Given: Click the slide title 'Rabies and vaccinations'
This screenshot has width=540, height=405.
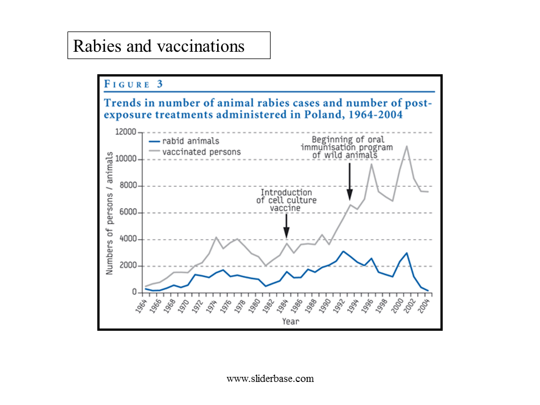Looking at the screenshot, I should tap(160, 46).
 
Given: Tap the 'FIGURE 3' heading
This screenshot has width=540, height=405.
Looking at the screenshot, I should tap(133, 84).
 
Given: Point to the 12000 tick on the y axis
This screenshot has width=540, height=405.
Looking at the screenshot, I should tap(125, 133).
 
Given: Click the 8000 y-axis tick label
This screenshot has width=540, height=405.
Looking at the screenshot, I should tap(127, 186).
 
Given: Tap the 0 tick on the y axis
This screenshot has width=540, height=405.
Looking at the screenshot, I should tap(134, 292).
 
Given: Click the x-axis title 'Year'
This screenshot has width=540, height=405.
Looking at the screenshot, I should tap(291, 321).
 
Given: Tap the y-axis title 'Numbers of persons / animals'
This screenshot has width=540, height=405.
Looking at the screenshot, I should tap(111, 214).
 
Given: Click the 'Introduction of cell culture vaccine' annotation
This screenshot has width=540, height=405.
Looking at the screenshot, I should tap(286, 200).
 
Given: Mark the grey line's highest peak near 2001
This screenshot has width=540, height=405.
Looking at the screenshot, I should tap(406, 146).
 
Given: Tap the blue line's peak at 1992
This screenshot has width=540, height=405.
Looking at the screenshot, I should tap(343, 251).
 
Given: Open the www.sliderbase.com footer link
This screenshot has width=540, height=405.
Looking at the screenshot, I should tap(270, 379).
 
